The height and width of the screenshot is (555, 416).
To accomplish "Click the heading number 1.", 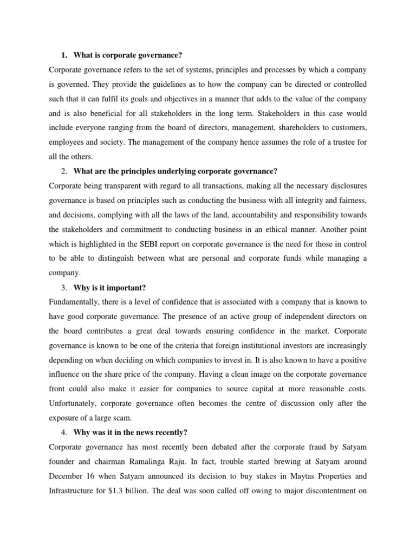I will click(63, 55).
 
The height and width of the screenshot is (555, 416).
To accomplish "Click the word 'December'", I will click(68, 461).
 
